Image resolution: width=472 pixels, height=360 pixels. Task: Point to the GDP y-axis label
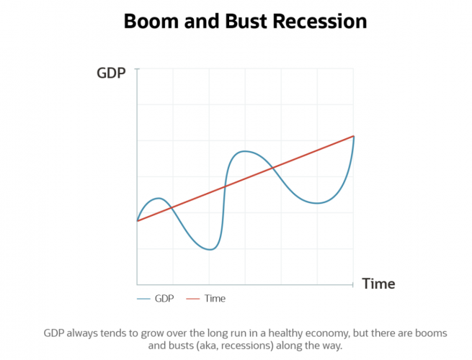pyautogui.click(x=112, y=73)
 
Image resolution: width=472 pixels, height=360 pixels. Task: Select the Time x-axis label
pyautogui.click(x=378, y=284)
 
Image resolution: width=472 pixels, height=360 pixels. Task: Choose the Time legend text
pyautogui.click(x=215, y=298)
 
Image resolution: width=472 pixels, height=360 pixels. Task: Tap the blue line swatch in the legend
pyautogui.click(x=143, y=298)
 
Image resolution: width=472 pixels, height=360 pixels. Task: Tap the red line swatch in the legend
pyautogui.click(x=193, y=298)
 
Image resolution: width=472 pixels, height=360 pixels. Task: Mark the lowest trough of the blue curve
pyautogui.click(x=209, y=250)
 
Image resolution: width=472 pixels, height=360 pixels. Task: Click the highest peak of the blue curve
pyautogui.click(x=245, y=150)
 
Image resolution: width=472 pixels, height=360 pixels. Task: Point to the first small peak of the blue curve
pyautogui.click(x=159, y=198)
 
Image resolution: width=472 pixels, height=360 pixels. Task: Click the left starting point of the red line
pyautogui.click(x=137, y=221)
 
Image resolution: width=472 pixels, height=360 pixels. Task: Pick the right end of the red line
pyautogui.click(x=354, y=135)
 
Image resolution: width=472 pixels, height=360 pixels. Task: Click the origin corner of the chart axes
pyautogui.click(x=137, y=284)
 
